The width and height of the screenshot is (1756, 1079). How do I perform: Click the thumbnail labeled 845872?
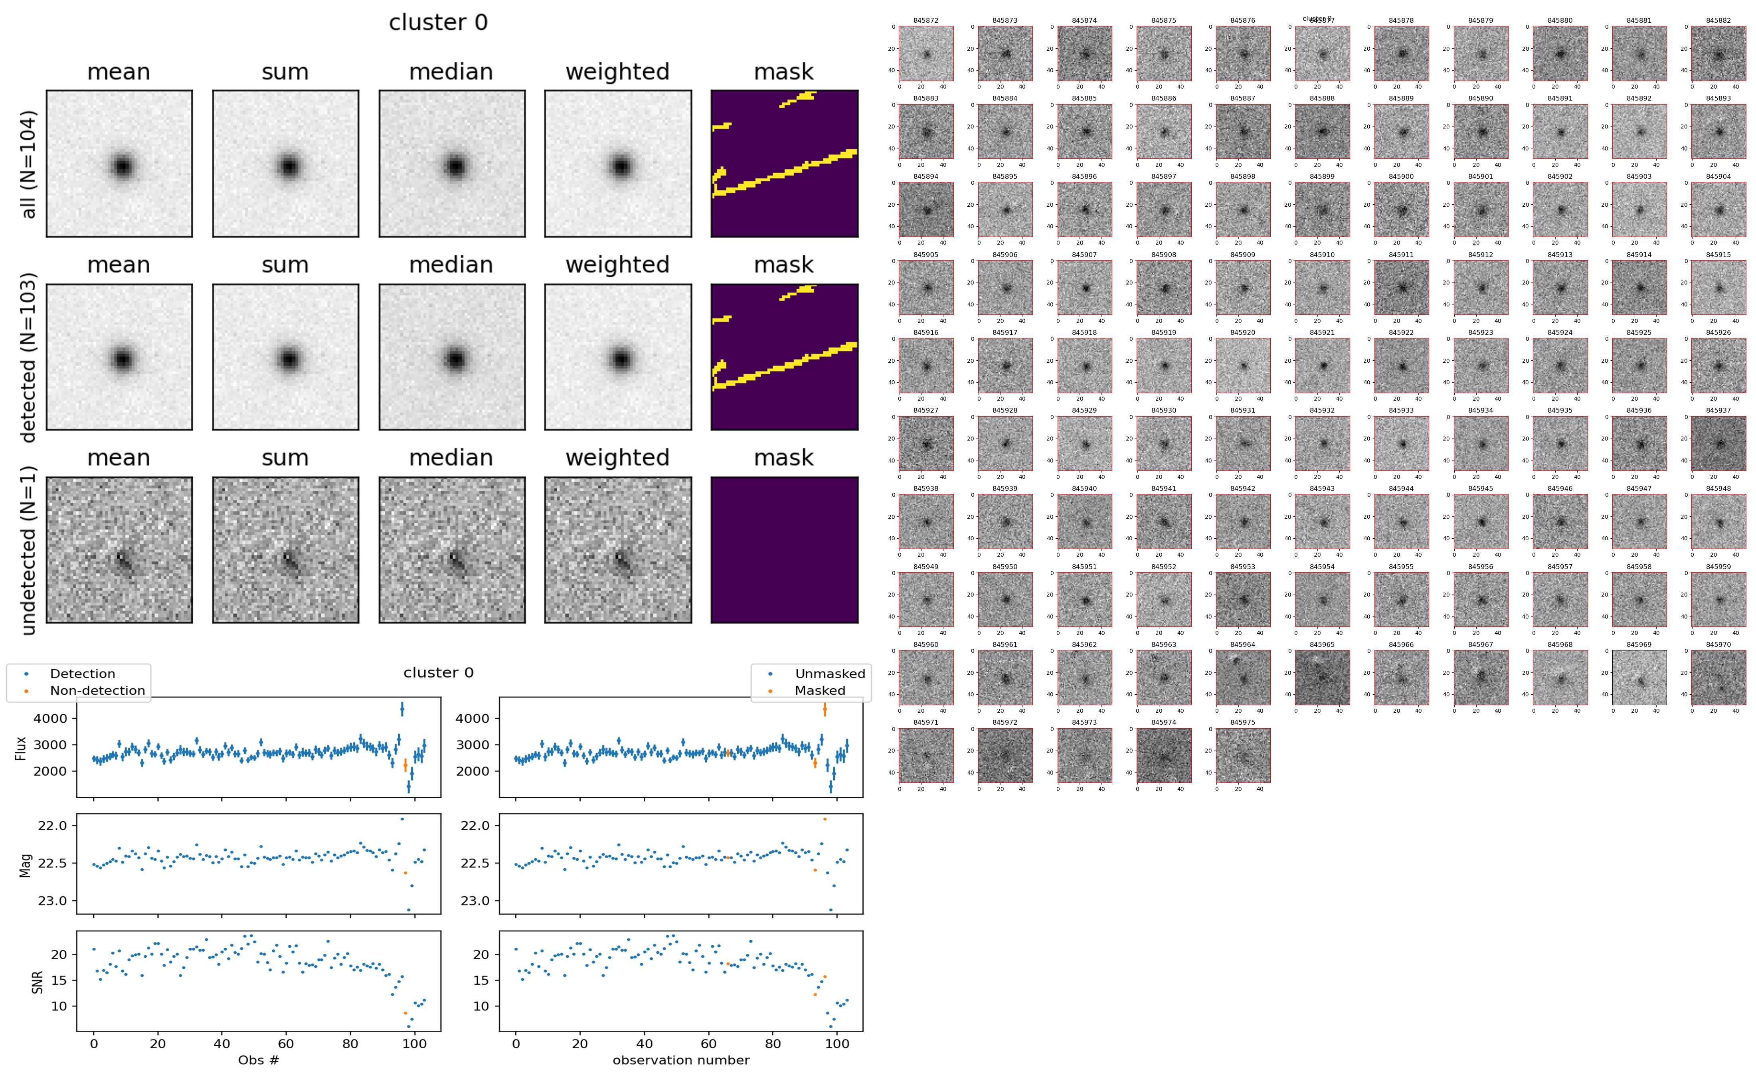925,53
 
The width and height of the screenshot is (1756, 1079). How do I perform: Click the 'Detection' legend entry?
82,674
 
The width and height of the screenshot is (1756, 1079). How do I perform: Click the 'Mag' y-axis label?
26,865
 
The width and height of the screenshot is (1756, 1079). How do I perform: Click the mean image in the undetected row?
119,549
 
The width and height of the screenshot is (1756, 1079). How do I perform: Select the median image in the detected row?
452,357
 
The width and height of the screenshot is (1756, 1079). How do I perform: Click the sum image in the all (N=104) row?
285,164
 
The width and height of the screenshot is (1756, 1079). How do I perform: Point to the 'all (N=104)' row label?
29,164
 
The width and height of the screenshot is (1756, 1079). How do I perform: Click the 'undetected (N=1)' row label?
29,549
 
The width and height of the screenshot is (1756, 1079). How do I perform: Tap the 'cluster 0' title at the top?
438,23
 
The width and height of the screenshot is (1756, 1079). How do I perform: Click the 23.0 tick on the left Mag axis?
52,901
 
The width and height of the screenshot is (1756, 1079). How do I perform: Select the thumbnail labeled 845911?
1401,288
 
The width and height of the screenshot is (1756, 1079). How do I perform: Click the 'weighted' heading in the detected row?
617,265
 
